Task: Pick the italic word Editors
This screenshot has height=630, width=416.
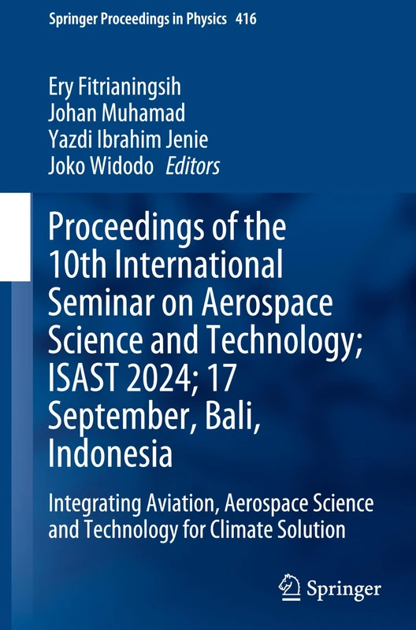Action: [192, 166]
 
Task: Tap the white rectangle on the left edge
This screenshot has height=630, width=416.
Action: [14, 236]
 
